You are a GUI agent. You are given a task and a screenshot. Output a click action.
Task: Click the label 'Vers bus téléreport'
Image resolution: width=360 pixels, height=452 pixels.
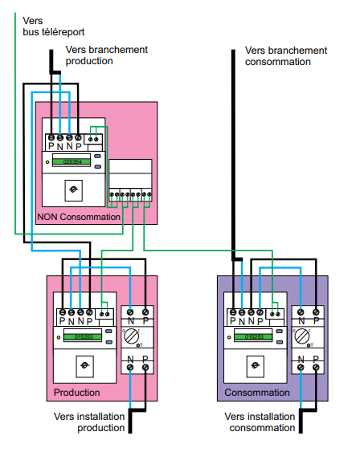click(x=45, y=26)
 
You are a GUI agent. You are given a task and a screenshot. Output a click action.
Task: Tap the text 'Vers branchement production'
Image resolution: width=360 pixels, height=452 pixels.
click(x=106, y=55)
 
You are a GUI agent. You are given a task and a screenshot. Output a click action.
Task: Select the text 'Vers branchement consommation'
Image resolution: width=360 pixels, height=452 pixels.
click(x=285, y=55)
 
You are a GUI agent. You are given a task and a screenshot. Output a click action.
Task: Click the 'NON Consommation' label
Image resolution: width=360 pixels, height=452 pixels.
click(x=79, y=217)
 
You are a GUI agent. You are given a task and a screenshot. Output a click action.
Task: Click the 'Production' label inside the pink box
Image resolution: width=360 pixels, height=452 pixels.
click(x=76, y=393)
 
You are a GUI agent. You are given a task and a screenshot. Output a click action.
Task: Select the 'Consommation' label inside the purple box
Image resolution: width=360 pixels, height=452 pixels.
click(x=256, y=393)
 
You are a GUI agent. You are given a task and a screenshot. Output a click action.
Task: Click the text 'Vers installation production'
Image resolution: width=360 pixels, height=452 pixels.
click(x=90, y=421)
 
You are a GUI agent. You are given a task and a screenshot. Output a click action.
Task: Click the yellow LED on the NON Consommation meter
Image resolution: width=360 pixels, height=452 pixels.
click(x=47, y=162)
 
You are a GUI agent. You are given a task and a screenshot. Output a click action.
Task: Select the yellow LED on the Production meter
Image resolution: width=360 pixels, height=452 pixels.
click(x=60, y=337)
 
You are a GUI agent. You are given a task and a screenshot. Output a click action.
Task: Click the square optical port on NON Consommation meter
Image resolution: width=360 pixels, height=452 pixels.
click(x=73, y=190)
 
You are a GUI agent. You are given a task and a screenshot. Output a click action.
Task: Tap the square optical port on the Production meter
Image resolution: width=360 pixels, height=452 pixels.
click(x=85, y=366)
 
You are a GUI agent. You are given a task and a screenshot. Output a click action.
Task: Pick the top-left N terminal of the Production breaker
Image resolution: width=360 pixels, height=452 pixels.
click(x=129, y=311)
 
